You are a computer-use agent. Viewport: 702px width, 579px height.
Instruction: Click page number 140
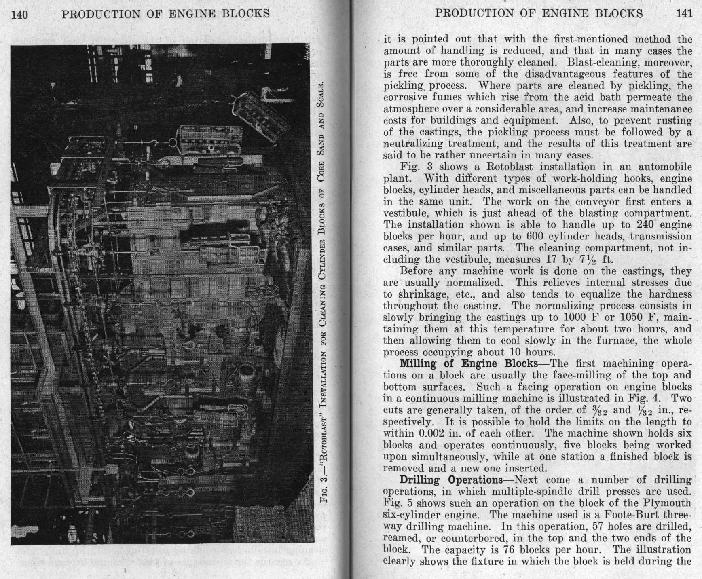click(19, 15)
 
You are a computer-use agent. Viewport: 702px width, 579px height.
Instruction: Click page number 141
click(684, 13)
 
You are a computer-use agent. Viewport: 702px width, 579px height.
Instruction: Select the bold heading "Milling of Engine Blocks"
click(469, 363)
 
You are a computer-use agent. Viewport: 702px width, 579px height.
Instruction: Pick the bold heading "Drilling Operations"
click(451, 480)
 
